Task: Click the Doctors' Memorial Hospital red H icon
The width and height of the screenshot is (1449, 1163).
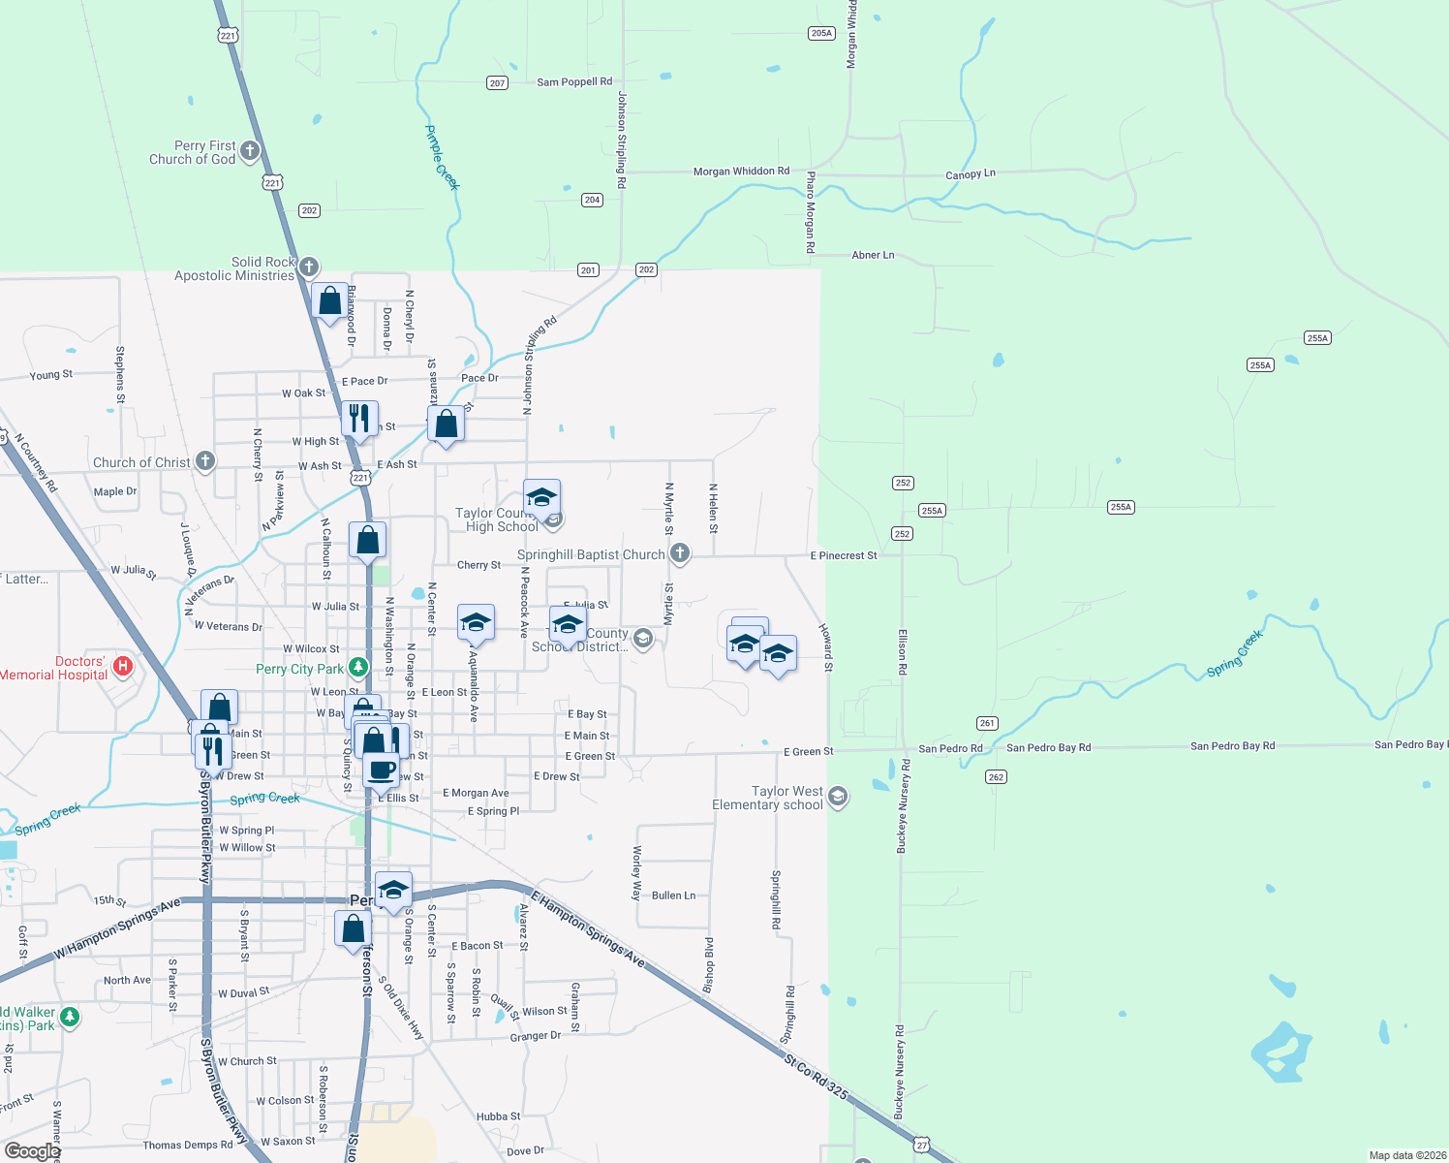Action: pos(123,666)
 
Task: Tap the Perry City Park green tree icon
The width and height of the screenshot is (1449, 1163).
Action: pos(358,668)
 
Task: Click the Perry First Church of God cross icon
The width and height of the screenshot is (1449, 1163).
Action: pos(250,150)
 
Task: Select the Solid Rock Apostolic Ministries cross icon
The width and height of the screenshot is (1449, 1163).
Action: pos(309,267)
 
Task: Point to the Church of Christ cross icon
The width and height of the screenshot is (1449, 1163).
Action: pos(204,461)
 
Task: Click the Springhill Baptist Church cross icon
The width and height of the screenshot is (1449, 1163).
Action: pos(680,553)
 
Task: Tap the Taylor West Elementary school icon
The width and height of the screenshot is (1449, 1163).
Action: pos(838,797)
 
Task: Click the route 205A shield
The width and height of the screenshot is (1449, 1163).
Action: pos(821,33)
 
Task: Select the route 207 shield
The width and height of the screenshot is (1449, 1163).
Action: pos(498,83)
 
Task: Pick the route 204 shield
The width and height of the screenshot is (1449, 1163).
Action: pos(592,200)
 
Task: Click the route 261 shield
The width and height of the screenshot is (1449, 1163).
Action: pos(987,723)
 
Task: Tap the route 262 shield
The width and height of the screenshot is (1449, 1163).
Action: pos(996,776)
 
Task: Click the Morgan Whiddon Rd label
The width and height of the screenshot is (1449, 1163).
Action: pos(741,172)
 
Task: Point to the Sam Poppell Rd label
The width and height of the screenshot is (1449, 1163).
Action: pos(574,82)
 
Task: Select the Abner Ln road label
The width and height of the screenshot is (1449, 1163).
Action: pos(873,255)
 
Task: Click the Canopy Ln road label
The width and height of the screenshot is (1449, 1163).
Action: pos(970,174)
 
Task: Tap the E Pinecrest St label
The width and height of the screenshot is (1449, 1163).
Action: pos(844,555)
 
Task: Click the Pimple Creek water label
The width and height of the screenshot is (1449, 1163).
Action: pos(443,157)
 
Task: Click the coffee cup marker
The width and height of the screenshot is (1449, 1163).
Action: pos(382,770)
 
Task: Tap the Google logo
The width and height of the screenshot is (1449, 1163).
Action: pos(32,1151)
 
